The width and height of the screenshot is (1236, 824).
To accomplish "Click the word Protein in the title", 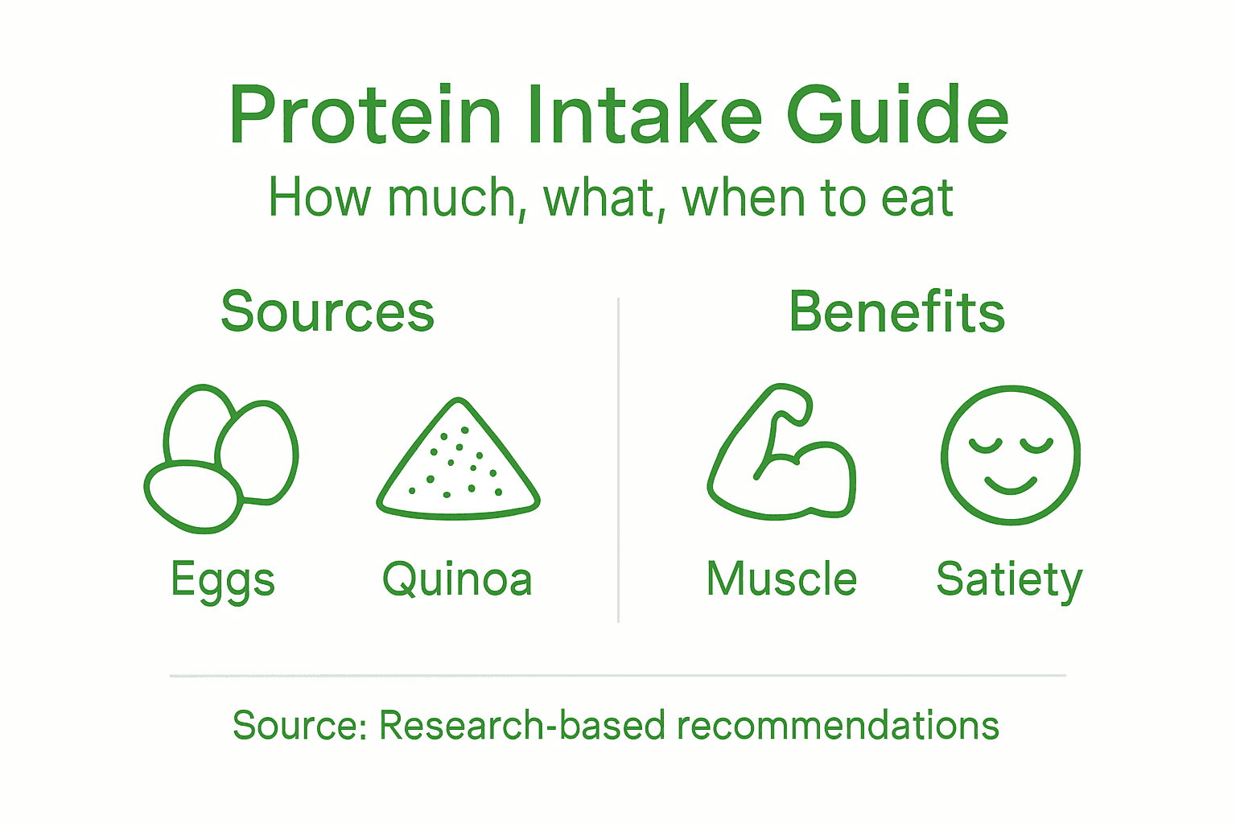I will (365, 117).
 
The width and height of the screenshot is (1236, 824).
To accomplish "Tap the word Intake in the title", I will (644, 117).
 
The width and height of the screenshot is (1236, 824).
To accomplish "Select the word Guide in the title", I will (896, 117).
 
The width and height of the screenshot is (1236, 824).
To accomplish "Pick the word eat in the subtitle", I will (917, 199).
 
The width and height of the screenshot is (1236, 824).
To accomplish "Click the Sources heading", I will (328, 311).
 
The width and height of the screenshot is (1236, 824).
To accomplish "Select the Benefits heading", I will (896, 311).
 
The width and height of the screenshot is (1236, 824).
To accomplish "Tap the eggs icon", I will (221, 459).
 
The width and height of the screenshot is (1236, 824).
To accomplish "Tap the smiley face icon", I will (1011, 455).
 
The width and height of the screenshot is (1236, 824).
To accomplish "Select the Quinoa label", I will (457, 580).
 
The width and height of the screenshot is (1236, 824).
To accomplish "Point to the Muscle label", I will (781, 579).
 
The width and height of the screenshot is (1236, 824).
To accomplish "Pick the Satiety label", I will (1009, 580).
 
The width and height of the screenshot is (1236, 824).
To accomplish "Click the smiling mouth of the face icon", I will (1011, 484).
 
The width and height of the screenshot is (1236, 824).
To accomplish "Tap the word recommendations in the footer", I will (838, 725).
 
